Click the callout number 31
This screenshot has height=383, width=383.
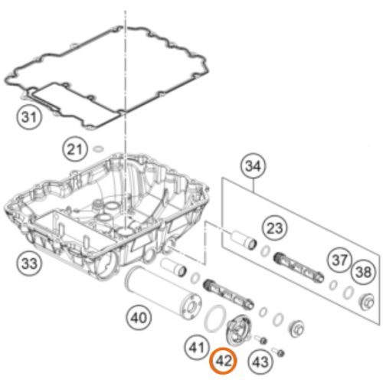[29, 117]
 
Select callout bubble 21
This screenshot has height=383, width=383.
[74, 149]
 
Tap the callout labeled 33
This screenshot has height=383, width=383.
[29, 263]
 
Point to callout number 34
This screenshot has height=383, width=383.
[253, 166]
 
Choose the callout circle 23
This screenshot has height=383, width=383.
[275, 228]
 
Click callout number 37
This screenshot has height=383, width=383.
[339, 260]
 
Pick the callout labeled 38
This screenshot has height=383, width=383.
[364, 271]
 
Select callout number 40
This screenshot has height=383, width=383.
[139, 318]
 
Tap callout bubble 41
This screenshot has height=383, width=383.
[197, 347]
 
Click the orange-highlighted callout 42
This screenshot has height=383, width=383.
[223, 361]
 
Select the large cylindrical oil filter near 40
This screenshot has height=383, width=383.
[162, 293]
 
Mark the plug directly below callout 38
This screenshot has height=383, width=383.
[366, 303]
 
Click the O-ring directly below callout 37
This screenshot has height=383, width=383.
[333, 285]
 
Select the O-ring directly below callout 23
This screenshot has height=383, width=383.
[266, 251]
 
